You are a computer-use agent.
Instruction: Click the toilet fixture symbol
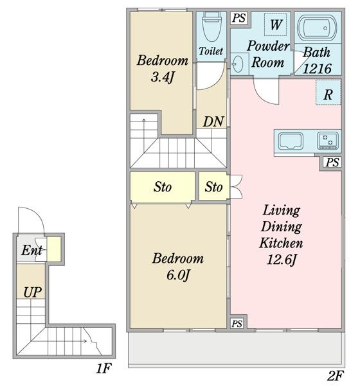(x=212, y=27)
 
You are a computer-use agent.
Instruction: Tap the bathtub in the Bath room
(x=318, y=28)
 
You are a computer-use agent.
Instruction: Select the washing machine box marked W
(x=275, y=24)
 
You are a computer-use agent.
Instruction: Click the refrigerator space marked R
(x=328, y=93)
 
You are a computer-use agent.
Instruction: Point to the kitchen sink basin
(x=291, y=141)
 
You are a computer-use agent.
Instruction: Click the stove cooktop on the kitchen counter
(x=328, y=141)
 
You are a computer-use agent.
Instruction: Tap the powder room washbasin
(x=238, y=64)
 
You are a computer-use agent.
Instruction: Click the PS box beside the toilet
(x=239, y=18)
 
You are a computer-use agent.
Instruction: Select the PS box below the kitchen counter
(x=332, y=163)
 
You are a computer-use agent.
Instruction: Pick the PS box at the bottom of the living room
(x=237, y=324)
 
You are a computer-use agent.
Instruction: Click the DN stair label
(x=213, y=121)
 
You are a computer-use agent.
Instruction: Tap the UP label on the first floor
(x=33, y=292)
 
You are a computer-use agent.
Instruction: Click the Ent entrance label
(x=32, y=250)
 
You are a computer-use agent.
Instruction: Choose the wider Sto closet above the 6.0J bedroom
(x=163, y=187)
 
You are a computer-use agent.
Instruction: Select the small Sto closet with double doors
(x=213, y=186)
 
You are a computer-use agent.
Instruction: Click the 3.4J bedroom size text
(x=163, y=77)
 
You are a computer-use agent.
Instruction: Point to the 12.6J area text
(x=282, y=260)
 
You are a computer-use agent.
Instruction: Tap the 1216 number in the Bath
(x=317, y=69)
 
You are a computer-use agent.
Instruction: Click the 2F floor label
(x=335, y=376)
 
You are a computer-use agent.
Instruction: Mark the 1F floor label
(x=104, y=368)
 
